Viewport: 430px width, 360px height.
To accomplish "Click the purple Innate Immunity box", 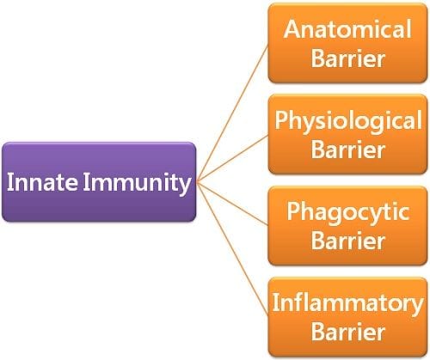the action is pos(99,182).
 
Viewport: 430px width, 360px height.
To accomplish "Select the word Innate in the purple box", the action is pos(42,182).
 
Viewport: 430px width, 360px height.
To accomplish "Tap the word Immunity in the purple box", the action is pos(137,183).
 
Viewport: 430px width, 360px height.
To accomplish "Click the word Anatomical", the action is pos(347,29).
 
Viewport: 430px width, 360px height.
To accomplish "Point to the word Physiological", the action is pos(348,122).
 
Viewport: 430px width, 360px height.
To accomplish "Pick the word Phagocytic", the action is pos(348,212).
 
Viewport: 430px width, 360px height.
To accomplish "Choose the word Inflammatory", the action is pos(347,304).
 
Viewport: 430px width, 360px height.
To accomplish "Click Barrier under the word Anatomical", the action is pos(347,58).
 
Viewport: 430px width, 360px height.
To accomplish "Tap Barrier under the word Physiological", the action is pos(347,149).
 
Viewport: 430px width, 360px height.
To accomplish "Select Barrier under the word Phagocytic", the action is pos(347,241).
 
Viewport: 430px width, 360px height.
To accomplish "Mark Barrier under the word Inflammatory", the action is pos(347,332).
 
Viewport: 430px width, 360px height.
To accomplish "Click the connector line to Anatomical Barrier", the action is pos(232,113).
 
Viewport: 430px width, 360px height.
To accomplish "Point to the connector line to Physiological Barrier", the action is pos(232,159).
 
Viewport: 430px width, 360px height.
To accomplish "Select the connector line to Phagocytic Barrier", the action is pos(232,204).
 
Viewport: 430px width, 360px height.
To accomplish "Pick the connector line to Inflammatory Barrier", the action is pos(232,248).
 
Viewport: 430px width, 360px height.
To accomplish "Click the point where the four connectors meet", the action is pos(198,182).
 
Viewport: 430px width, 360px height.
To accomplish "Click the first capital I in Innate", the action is pos(9,182).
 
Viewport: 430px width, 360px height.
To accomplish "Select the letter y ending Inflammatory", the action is pos(417,307).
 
